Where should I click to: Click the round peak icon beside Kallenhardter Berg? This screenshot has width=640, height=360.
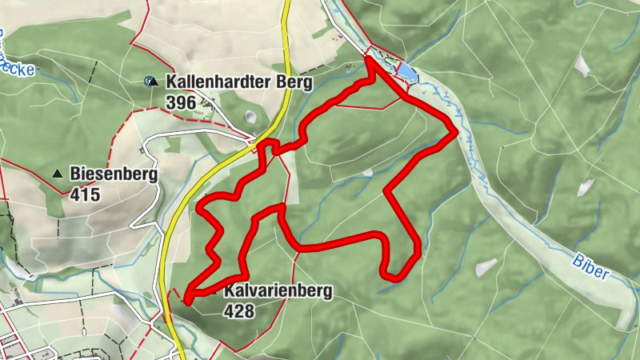(x=150, y=81)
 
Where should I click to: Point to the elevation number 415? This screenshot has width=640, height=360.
(x=85, y=194)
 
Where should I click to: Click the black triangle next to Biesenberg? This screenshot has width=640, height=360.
(x=57, y=174)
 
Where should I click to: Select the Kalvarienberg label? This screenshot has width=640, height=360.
(x=277, y=292)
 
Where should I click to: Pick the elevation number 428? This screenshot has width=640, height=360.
(x=239, y=311)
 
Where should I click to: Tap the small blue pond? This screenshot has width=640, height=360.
(x=406, y=73)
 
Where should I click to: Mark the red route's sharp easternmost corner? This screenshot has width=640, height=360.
(x=456, y=130)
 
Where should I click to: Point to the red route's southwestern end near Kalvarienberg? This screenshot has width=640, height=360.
(x=187, y=301)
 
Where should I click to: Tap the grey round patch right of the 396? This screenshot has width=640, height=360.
(x=253, y=117)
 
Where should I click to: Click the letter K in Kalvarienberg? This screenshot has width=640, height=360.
(x=230, y=292)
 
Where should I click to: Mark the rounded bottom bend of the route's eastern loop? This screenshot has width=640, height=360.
(x=398, y=277)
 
